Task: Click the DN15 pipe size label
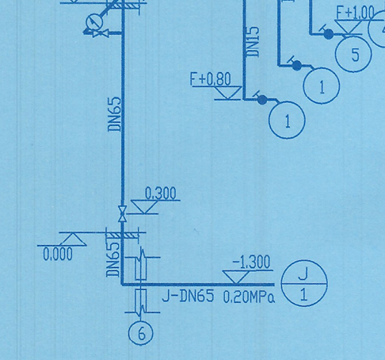pos(253,42)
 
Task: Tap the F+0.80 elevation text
pos(211,79)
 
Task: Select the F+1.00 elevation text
pos(355,13)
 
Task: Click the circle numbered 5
pos(355,55)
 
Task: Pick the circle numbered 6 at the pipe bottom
pos(140,333)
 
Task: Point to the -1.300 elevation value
pos(250,262)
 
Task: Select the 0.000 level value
pos(57,255)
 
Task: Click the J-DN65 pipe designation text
pos(188,298)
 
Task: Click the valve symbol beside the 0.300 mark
pos(122,213)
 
